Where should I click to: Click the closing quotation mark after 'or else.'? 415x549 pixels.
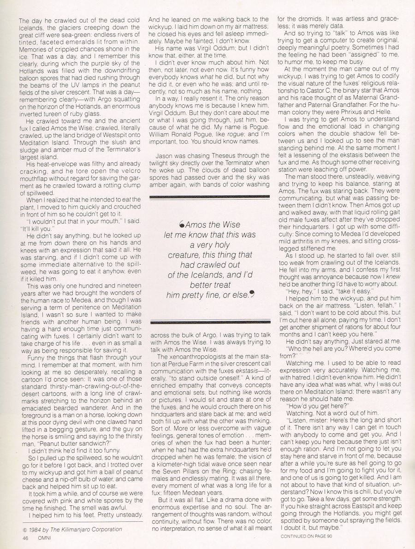251,294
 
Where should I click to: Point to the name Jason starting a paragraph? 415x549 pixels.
164,156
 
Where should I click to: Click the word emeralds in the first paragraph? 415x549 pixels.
93,41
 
